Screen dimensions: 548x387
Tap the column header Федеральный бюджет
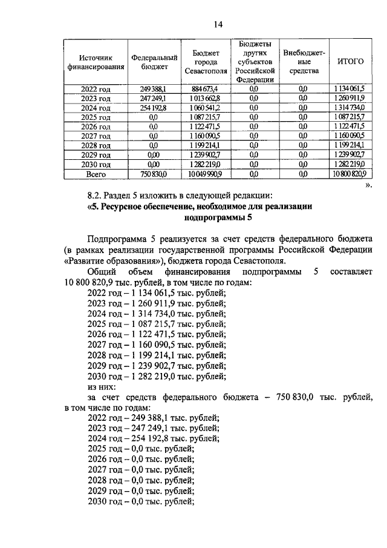click(x=154, y=62)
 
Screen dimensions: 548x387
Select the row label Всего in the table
click(x=96, y=174)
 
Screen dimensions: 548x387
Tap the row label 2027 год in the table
click(x=96, y=136)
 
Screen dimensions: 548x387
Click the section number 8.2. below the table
click(x=96, y=195)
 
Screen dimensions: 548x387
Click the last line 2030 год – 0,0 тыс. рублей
click(x=140, y=501)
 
